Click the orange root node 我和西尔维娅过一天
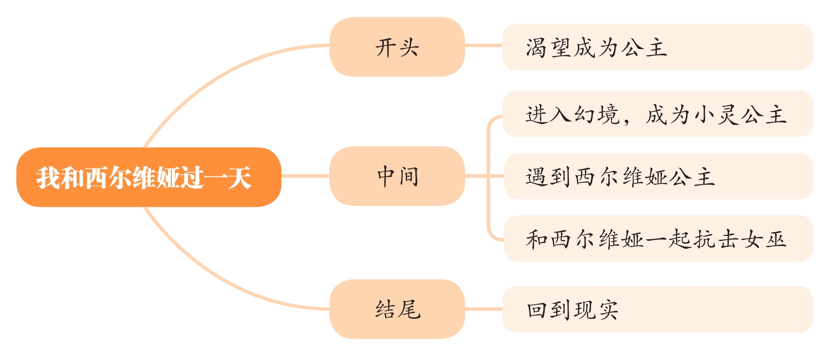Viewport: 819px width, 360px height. click(x=148, y=177)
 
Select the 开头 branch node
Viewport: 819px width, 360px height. click(x=397, y=47)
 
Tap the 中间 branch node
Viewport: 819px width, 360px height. click(x=397, y=176)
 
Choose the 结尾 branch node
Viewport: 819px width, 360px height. click(x=397, y=309)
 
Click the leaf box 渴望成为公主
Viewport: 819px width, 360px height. click(x=657, y=47)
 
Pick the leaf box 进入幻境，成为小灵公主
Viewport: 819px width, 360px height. click(x=657, y=114)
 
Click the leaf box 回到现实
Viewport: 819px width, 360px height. click(x=657, y=309)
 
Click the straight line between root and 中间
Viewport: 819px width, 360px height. click(x=305, y=176)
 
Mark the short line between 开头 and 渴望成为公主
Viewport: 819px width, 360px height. click(x=483, y=46)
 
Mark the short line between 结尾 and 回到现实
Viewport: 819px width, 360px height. click(x=483, y=309)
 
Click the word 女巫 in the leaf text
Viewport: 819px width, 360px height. click(x=764, y=239)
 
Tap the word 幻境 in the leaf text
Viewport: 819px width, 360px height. click(x=597, y=114)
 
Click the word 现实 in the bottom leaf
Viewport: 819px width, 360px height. click(x=596, y=310)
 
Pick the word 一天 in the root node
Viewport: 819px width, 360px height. click(x=228, y=178)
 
